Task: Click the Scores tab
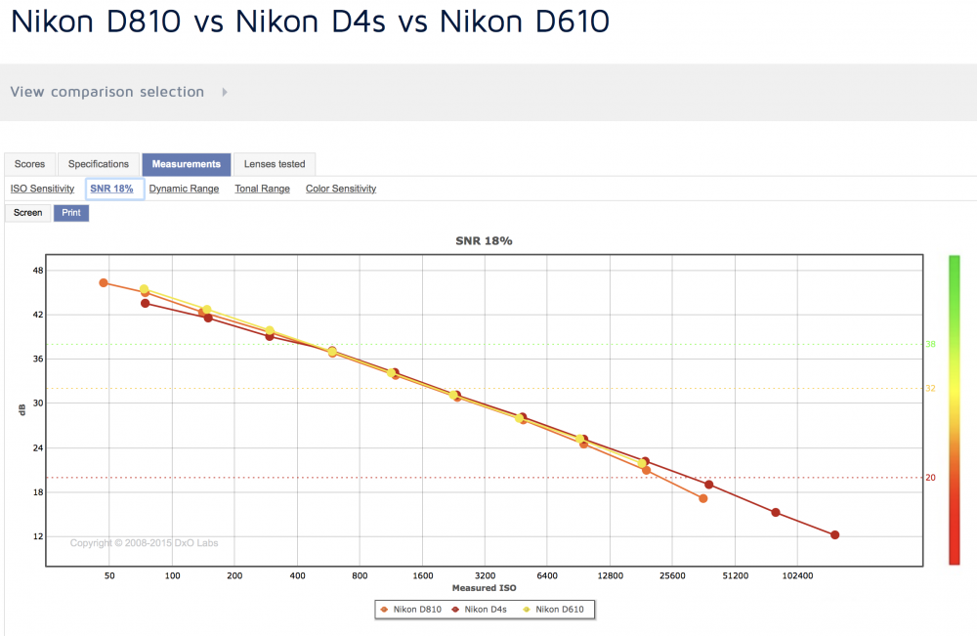click(x=30, y=164)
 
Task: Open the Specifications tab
click(x=99, y=164)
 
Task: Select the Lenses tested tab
click(x=275, y=164)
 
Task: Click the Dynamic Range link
click(x=184, y=189)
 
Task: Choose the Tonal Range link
click(x=262, y=189)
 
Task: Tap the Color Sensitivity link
click(x=341, y=189)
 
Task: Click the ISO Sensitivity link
click(x=42, y=189)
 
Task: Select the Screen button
click(x=28, y=213)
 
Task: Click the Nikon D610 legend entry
click(x=553, y=610)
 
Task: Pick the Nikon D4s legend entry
click(x=479, y=610)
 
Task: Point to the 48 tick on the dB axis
click(x=38, y=271)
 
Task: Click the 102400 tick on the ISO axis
click(x=797, y=576)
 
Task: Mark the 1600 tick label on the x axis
click(x=422, y=576)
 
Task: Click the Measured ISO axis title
click(x=485, y=588)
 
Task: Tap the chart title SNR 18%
click(x=485, y=241)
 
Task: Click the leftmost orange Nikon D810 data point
click(x=104, y=282)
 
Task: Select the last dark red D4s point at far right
click(x=835, y=535)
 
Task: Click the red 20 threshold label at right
click(x=930, y=478)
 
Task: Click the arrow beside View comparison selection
click(x=225, y=92)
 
